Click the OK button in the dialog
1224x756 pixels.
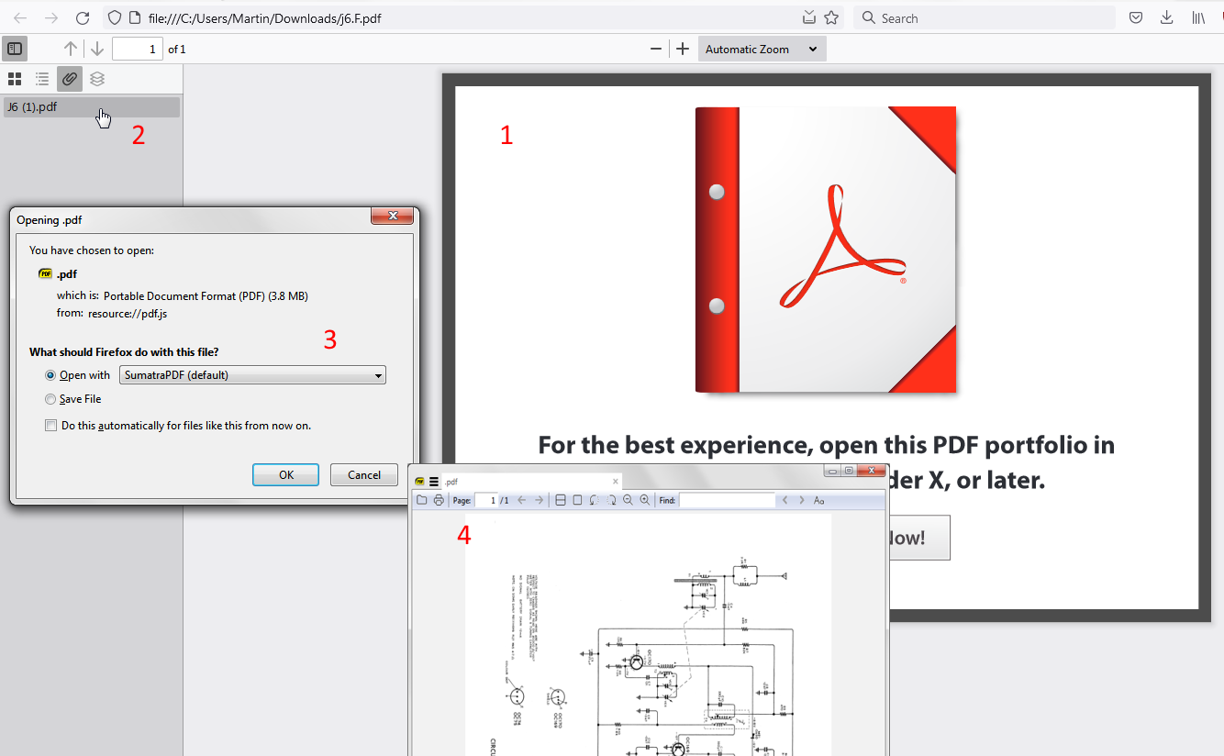pos(285,474)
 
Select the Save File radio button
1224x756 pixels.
pos(50,399)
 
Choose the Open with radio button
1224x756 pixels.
pos(50,375)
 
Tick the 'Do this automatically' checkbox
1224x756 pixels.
pos(50,426)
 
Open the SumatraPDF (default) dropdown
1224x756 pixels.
pos(252,375)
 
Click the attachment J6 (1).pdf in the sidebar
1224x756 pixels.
pos(32,106)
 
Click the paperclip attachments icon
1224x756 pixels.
pos(70,79)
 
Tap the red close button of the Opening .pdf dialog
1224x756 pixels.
pos(393,216)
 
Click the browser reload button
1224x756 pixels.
pos(83,17)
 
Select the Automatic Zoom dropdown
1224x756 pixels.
pos(762,50)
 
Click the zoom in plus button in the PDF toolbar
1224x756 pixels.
pos(683,50)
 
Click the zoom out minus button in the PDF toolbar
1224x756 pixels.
pos(656,50)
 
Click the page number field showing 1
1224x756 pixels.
pos(138,50)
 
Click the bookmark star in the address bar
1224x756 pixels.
pos(831,17)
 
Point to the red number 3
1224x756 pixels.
pos(330,340)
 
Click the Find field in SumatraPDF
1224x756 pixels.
pos(727,500)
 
